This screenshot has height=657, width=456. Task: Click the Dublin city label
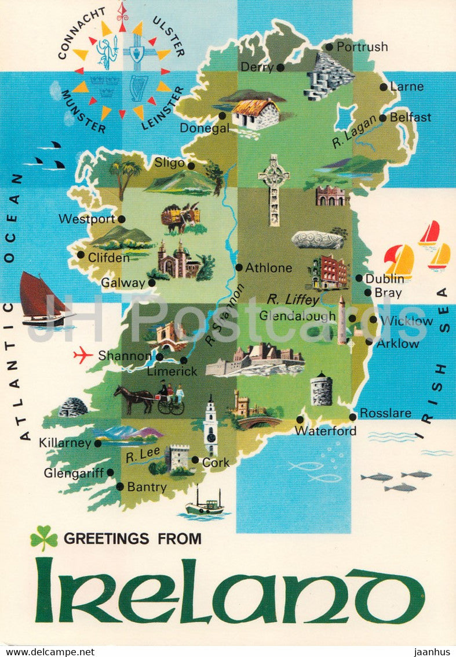[385, 279]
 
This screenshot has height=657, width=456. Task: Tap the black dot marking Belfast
[382, 117]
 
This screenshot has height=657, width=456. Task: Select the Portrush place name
[362, 47]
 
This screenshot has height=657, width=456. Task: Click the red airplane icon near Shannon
[83, 355]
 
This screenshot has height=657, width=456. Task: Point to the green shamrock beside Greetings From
[44, 537]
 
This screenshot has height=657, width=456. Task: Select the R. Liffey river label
[293, 299]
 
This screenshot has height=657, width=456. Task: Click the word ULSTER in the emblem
[169, 35]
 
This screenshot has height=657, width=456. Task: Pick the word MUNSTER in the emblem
[83, 111]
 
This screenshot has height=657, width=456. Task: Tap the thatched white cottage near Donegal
[256, 114]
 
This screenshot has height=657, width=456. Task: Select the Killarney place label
[65, 443]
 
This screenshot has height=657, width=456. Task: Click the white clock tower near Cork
[210, 427]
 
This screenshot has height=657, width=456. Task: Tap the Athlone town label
[268, 268]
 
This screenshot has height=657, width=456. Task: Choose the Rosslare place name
[385, 413]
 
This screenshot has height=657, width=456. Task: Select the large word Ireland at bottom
[229, 590]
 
